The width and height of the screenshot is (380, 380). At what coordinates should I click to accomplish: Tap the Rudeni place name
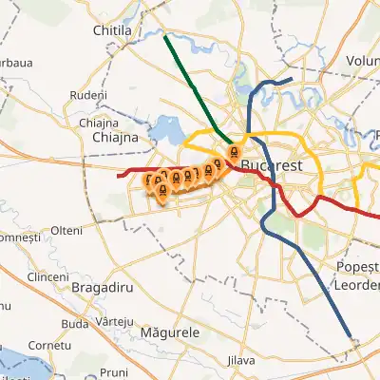click(x=87, y=96)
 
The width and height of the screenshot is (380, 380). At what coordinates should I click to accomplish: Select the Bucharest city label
click(x=272, y=165)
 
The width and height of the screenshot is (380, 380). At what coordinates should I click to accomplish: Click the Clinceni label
click(x=48, y=276)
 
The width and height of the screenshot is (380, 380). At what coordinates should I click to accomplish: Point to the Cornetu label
click(x=50, y=345)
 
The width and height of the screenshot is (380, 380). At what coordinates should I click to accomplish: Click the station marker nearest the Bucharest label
click(x=233, y=152)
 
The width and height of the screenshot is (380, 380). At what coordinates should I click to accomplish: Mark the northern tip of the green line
click(x=165, y=37)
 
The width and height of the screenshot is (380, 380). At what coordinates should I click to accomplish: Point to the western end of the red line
click(x=118, y=175)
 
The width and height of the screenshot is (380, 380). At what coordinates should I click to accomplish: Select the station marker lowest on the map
click(x=161, y=193)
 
